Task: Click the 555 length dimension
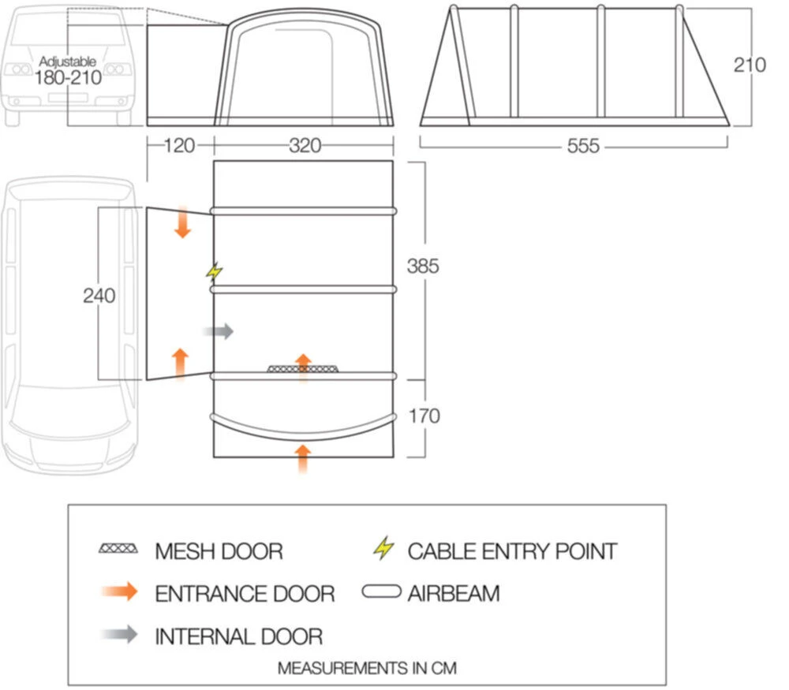[x=582, y=146]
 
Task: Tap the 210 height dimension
[x=750, y=65]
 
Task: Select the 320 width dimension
[x=305, y=146]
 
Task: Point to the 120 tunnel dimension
[x=179, y=146]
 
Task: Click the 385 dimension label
[x=423, y=267]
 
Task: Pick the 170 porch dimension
[x=423, y=416]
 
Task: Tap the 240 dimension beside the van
[x=99, y=296]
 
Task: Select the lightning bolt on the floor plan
[x=213, y=272]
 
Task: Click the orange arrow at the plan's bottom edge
[x=303, y=458]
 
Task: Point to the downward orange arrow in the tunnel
[x=182, y=222]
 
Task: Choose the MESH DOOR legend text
[x=219, y=550]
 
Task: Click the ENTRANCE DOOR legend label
[x=245, y=593]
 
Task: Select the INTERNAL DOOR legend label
[x=239, y=636]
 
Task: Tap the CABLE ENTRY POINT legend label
[x=512, y=550]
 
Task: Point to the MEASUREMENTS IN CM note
[x=367, y=668]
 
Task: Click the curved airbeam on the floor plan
[x=303, y=426]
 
